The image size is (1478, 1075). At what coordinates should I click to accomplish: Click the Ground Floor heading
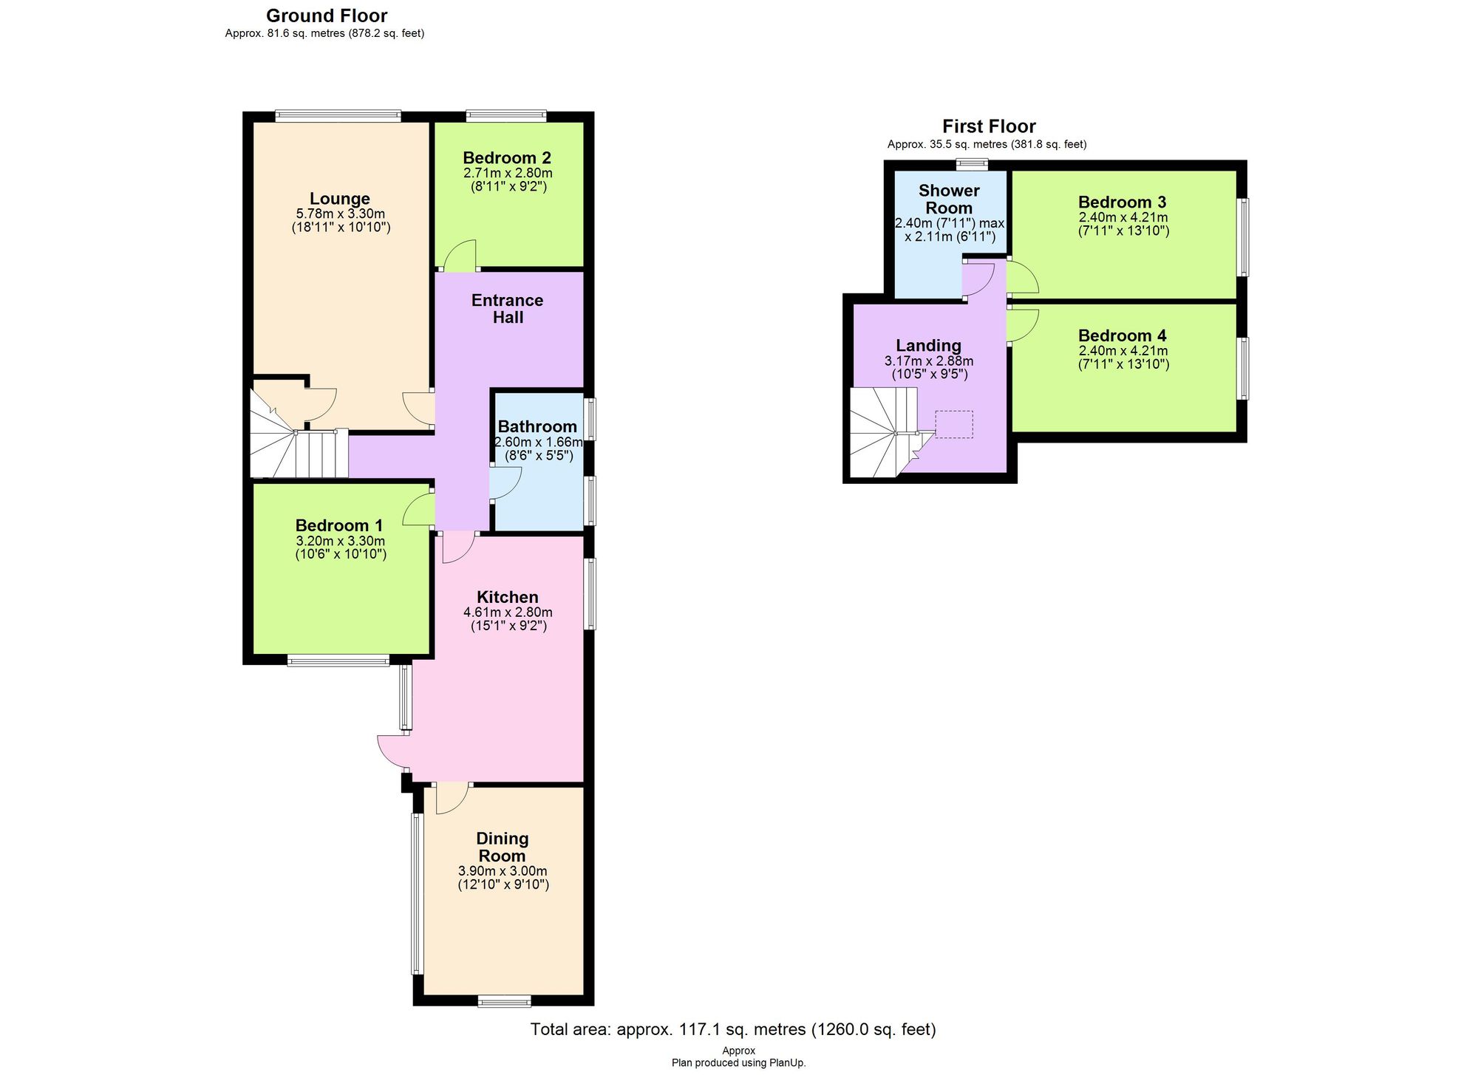327,16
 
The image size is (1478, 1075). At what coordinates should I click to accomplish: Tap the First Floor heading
989,126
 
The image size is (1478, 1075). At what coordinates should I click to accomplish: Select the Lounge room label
339,199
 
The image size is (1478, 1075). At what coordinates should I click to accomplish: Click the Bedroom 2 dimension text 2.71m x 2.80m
508,173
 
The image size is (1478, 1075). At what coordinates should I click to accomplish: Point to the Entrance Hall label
508,309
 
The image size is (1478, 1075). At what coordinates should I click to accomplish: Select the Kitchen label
507,597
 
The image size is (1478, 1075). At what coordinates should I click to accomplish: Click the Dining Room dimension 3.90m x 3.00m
503,871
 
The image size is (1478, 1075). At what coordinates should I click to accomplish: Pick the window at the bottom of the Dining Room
504,1002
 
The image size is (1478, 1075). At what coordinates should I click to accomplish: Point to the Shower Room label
949,199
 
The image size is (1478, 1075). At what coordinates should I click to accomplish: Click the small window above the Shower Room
972,164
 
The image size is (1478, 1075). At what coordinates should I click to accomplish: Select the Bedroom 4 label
1122,335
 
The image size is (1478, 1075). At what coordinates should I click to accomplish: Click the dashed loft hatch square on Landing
954,425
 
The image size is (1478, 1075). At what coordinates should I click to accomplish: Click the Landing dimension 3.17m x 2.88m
929,361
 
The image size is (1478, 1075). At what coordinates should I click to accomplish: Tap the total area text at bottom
732,1029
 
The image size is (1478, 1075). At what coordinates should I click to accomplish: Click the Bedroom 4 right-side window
1244,368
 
